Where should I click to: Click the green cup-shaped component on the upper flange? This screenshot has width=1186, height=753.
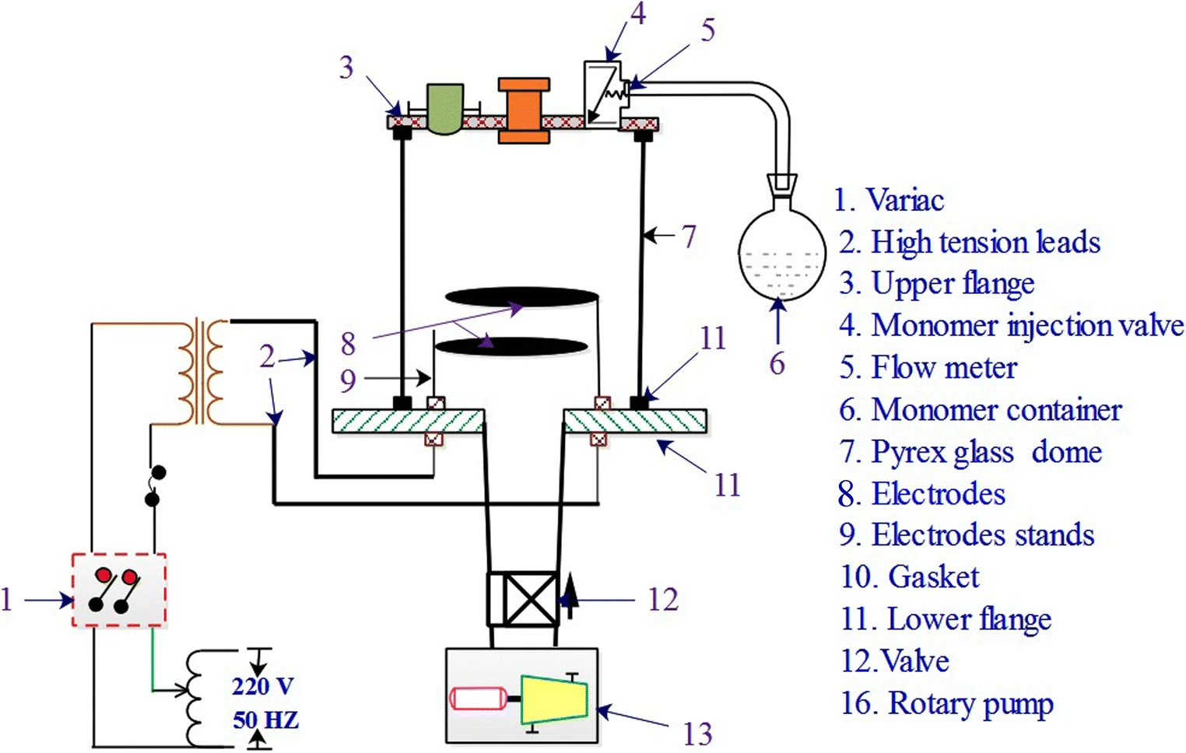tap(445, 108)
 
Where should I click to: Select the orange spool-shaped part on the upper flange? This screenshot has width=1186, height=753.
tap(524, 110)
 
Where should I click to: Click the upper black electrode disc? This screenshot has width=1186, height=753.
tap(521, 296)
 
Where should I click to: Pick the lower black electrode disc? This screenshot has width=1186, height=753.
tap(511, 347)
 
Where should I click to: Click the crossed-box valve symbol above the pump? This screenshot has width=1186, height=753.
tap(523, 600)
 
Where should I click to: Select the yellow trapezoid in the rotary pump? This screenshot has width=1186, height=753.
tap(554, 699)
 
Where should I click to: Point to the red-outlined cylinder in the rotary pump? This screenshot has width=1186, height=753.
tap(478, 698)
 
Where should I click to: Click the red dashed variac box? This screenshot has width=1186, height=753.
tap(119, 590)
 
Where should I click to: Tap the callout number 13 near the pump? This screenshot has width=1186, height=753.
tap(697, 734)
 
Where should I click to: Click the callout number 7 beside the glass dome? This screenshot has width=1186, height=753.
tap(688, 236)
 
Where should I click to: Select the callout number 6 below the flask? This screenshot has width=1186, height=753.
tap(777, 363)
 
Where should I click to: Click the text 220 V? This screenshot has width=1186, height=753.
tap(262, 686)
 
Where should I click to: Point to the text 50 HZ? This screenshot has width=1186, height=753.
tap(266, 720)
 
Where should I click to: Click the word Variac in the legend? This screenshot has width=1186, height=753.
tap(905, 200)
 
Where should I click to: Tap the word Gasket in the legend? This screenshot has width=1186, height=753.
tap(933, 576)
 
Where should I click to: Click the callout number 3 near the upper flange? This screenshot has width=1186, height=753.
tap(346, 67)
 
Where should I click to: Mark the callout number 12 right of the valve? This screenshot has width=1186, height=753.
tap(663, 600)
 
